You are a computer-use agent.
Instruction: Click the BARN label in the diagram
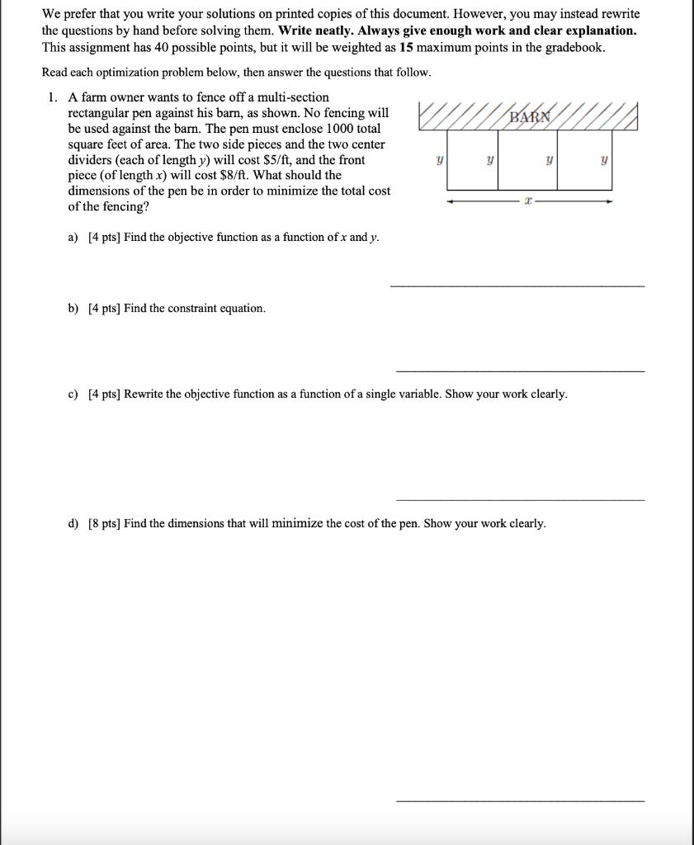[529, 116]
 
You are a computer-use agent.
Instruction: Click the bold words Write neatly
[317, 31]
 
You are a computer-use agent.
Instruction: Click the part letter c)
[73, 394]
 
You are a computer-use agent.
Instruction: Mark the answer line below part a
[517, 286]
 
